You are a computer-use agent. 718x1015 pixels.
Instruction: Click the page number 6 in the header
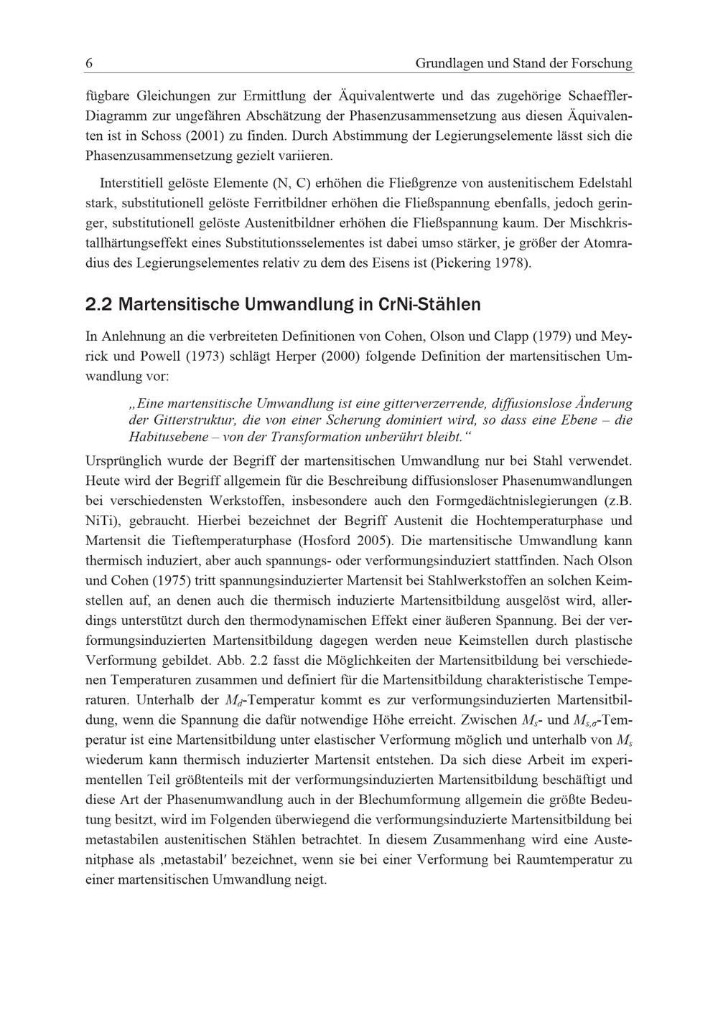tap(89, 63)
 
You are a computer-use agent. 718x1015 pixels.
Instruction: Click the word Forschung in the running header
tap(602, 63)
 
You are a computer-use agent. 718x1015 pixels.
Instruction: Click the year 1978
tap(512, 263)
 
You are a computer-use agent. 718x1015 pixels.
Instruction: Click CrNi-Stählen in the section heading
tap(429, 304)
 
